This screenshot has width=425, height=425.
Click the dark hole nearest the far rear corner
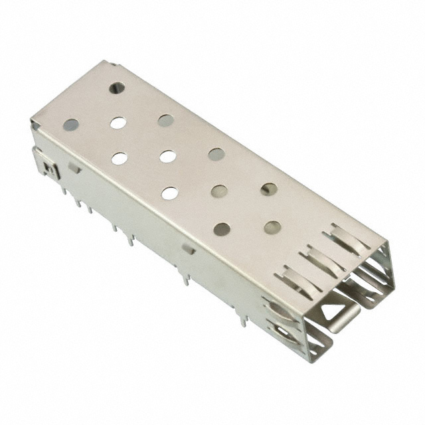click(x=117, y=87)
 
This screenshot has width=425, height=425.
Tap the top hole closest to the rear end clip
click(x=70, y=124)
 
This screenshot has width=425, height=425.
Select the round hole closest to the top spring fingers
click(x=272, y=227)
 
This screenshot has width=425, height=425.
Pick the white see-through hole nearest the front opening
click(x=170, y=193)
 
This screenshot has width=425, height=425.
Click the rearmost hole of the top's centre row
click(x=118, y=122)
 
